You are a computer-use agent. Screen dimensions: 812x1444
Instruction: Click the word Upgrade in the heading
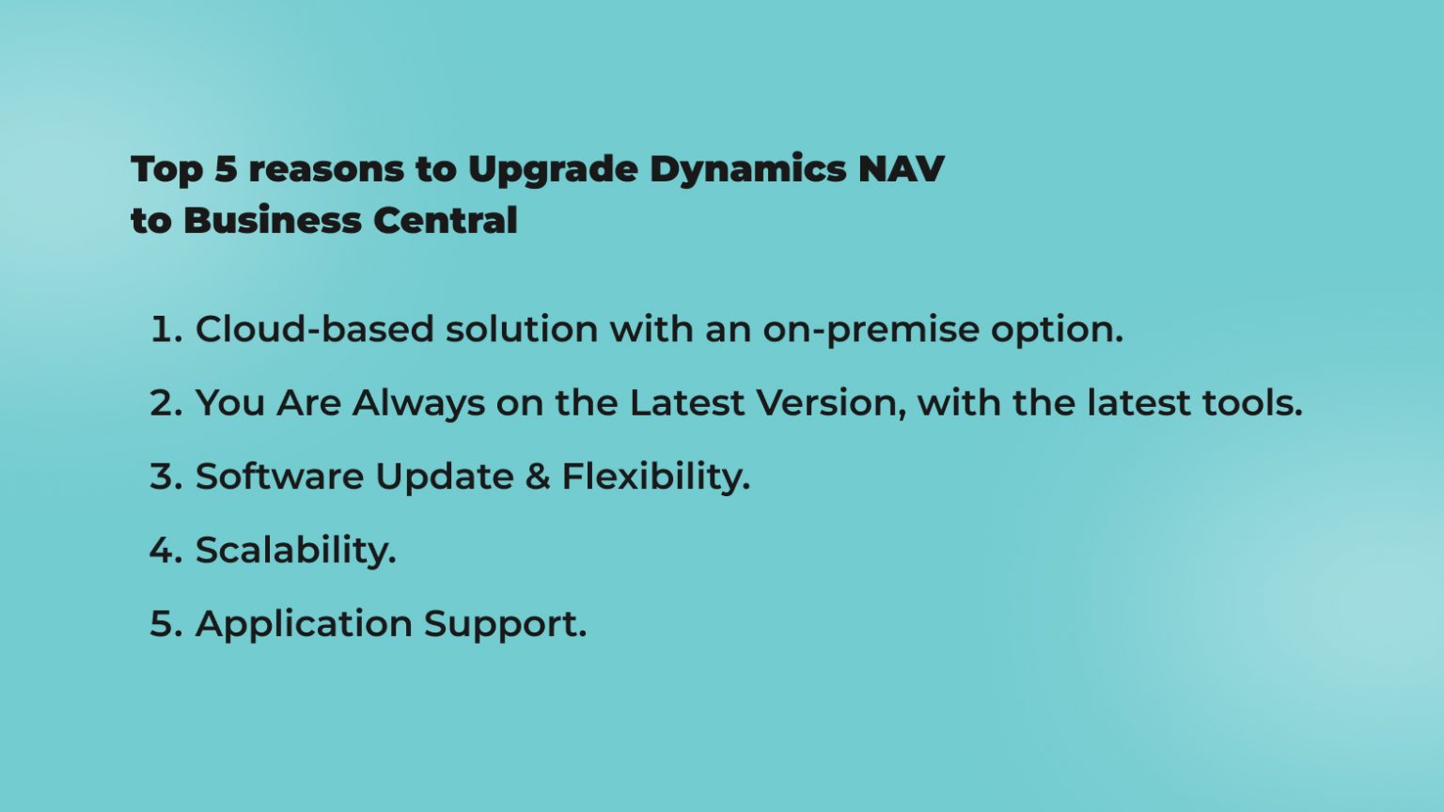pos(553,170)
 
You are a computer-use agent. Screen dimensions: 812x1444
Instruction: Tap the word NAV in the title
pos(901,169)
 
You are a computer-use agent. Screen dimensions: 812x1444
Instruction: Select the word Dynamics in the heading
pos(748,170)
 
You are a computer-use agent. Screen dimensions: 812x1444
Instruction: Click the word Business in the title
pos(273,221)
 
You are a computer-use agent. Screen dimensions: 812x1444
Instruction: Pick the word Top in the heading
pos(166,170)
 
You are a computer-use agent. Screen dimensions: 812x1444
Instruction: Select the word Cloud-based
pos(314,330)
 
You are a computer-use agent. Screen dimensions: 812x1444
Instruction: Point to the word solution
pos(522,330)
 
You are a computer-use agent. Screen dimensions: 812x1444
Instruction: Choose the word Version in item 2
pos(831,403)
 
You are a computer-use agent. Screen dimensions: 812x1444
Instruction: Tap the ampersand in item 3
pos(538,476)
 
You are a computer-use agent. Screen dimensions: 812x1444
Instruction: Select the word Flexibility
pos(655,476)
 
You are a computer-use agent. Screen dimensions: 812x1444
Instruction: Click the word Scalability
pos(295,551)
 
